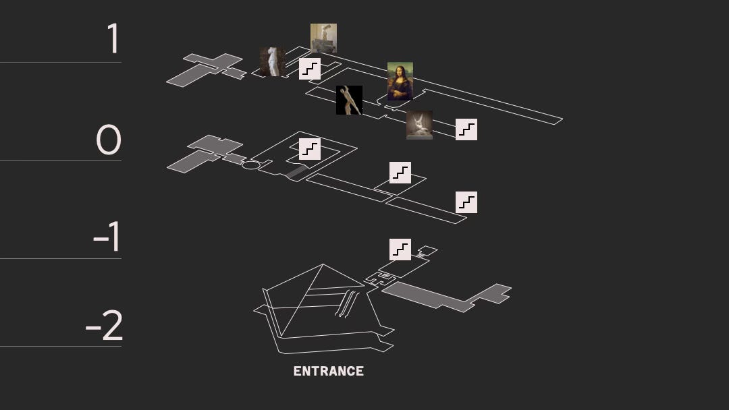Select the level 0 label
(108, 140)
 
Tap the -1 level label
(107, 236)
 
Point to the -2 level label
(104, 325)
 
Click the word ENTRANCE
(329, 371)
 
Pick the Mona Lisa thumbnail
(400, 81)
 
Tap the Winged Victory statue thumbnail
(323, 38)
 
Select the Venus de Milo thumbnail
(273, 61)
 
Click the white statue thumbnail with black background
(349, 100)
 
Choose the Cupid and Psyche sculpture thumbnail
(419, 125)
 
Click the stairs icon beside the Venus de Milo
(310, 69)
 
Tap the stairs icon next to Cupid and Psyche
(466, 129)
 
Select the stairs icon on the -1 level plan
(400, 250)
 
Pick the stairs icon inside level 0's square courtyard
(310, 149)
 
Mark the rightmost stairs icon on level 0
(466, 202)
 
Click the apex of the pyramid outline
(323, 264)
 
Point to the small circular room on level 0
(250, 165)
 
